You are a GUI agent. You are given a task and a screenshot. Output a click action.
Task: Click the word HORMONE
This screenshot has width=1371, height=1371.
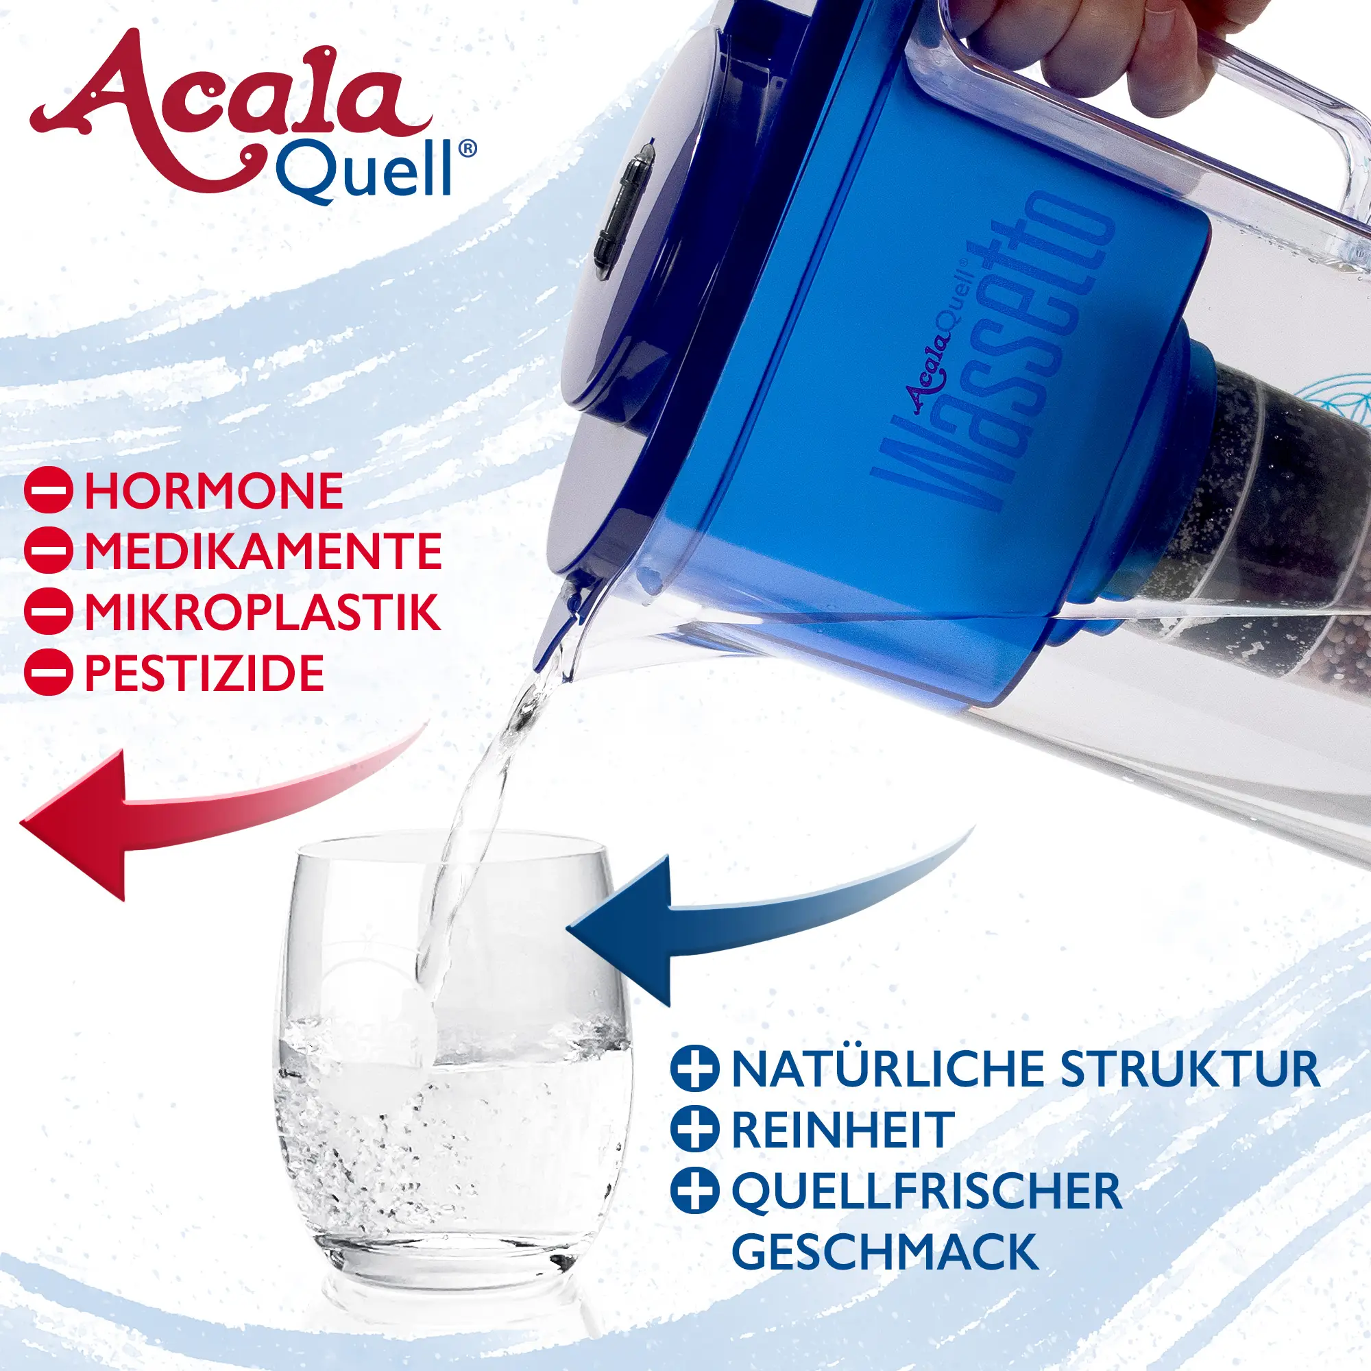pos(214,491)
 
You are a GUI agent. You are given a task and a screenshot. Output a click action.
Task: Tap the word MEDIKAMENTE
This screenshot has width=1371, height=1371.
pos(263,551)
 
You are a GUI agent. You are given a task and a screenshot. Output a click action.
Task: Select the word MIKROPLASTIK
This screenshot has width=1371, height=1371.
pos(263,611)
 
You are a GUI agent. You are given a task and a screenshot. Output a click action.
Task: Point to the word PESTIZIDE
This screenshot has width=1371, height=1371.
pos(204,672)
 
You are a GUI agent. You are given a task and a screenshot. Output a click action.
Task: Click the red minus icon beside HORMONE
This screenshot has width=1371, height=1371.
pos(48,491)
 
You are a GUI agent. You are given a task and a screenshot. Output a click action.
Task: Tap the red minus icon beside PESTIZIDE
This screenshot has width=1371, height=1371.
pos(48,672)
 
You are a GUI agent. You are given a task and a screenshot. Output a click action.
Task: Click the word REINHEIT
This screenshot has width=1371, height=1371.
pos(842,1130)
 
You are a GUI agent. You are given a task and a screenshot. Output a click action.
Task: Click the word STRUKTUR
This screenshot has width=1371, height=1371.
pos(1190,1069)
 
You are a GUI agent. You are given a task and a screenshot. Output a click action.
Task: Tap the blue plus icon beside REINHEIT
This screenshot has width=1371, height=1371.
pos(694,1130)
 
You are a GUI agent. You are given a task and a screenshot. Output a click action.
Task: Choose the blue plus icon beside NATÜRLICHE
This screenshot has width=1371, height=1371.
pos(694,1069)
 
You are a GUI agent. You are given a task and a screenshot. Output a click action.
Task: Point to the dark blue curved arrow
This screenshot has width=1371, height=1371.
pos(766,915)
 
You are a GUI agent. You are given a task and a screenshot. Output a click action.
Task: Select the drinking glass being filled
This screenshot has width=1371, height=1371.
pos(452,1050)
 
